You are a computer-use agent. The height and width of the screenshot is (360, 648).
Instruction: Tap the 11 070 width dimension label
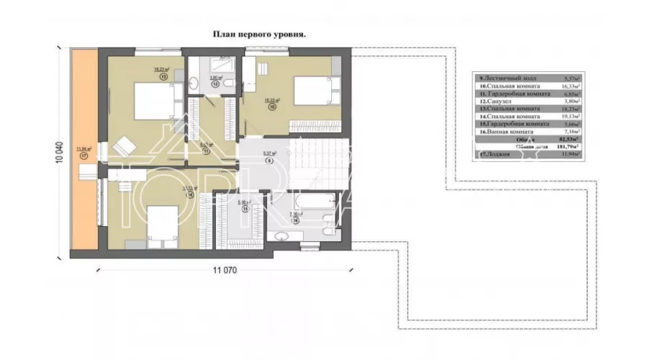point(226,270)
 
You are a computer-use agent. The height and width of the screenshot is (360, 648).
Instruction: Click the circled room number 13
point(164,75)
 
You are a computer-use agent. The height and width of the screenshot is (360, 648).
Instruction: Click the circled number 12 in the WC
point(215,84)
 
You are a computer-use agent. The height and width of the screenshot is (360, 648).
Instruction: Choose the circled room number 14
point(169,194)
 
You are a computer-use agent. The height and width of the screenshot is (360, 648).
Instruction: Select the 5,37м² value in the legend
point(571,76)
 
